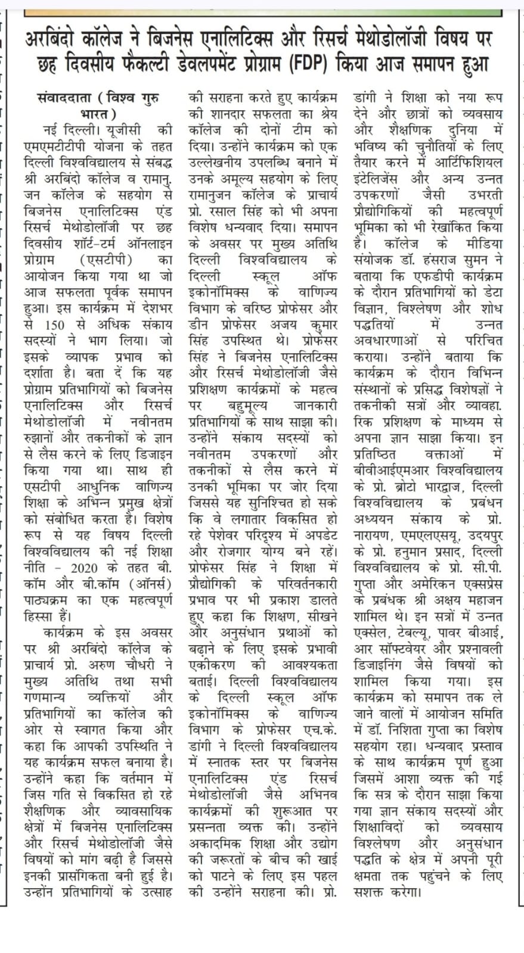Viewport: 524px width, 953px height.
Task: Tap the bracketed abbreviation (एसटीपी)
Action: [106, 260]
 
